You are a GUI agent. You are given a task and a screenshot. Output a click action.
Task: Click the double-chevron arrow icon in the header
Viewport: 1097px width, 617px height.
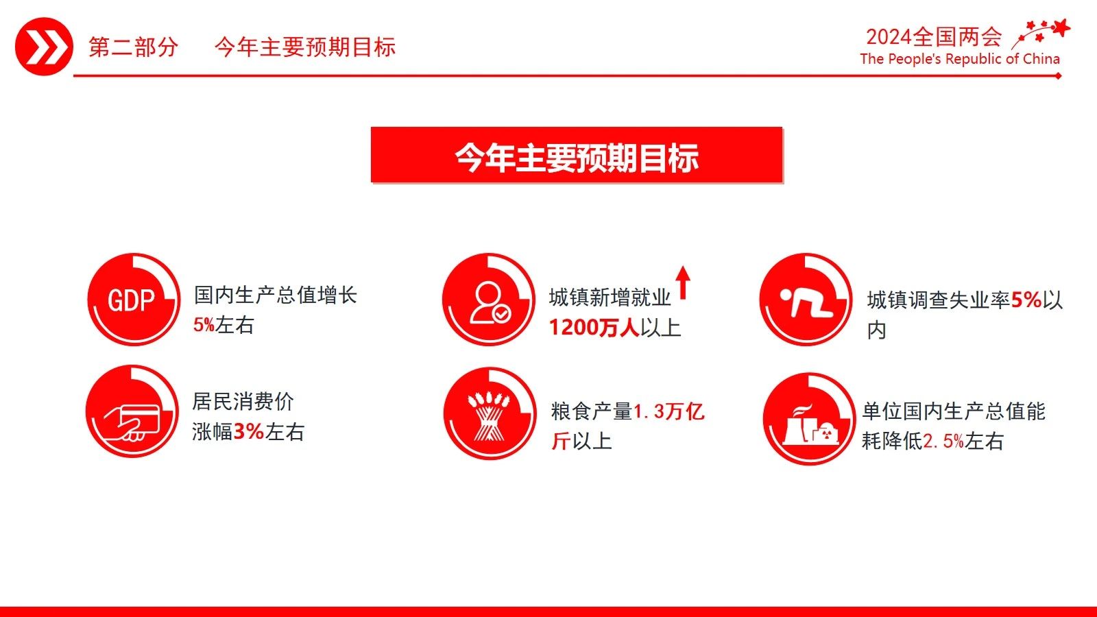tap(44, 47)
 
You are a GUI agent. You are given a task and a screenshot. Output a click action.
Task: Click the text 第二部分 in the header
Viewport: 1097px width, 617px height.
tap(133, 47)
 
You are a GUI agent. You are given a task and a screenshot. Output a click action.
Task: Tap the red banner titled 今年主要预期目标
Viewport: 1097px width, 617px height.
tap(577, 155)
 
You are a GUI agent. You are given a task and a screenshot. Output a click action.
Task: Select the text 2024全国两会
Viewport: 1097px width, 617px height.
tap(934, 37)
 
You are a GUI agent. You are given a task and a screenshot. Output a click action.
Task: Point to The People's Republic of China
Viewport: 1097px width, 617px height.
tap(960, 59)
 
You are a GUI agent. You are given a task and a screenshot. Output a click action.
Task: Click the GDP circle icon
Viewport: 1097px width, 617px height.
tap(134, 299)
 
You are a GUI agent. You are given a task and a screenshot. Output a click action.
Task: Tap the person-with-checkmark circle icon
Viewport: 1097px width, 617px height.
tap(489, 299)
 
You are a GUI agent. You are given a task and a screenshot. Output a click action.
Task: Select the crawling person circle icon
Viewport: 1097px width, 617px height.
tap(806, 299)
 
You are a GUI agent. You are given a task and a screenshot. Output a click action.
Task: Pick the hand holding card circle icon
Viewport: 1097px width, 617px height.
tap(132, 411)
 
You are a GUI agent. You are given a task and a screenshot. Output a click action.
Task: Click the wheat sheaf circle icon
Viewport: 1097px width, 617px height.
tap(490, 413)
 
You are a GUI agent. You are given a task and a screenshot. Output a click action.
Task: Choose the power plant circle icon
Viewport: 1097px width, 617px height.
tap(809, 419)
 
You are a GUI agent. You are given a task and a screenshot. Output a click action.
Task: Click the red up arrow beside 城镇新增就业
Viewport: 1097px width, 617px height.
tap(683, 282)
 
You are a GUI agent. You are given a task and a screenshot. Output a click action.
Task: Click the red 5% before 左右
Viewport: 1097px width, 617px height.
tap(204, 325)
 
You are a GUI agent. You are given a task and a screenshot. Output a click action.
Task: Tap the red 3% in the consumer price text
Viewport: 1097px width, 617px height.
tap(249, 431)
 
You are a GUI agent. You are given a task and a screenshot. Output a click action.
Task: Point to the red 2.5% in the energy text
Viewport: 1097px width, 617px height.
tap(943, 441)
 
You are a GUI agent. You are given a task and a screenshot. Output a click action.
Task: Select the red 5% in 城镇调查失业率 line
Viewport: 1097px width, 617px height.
tap(1026, 300)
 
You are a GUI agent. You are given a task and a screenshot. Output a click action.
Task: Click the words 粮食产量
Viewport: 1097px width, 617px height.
tap(592, 411)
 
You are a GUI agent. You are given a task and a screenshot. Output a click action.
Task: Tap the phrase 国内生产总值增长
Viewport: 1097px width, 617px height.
tap(275, 295)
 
